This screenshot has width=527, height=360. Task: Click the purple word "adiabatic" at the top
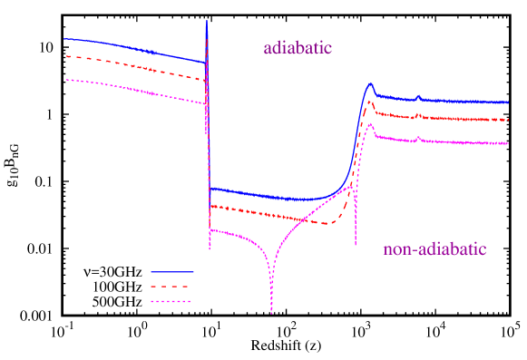[298, 48]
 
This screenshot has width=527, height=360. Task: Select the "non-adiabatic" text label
[434, 250]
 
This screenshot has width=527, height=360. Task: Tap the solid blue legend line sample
[171, 271]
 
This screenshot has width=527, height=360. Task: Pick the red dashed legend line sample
[171, 286]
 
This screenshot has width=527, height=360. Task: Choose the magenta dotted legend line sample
[171, 301]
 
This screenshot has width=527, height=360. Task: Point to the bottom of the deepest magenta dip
[271, 313]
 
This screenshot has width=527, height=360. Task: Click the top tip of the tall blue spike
[208, 21]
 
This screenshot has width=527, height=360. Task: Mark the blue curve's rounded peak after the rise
[370, 83]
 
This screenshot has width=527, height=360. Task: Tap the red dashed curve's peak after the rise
[370, 102]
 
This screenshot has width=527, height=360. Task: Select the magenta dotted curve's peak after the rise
[370, 123]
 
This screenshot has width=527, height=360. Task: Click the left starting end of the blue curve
[63, 39]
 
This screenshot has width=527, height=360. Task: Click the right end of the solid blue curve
[509, 102]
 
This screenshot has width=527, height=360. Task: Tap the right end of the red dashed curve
[509, 120]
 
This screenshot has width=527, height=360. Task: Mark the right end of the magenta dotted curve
[509, 143]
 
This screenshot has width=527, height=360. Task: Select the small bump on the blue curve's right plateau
[418, 96]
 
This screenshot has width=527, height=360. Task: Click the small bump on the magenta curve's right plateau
[418, 138]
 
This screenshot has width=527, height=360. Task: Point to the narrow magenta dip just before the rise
[356, 243]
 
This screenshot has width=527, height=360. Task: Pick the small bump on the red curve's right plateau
[418, 114]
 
